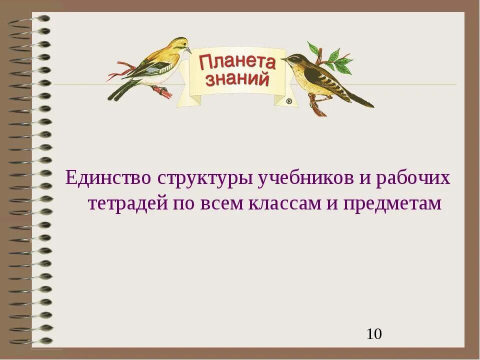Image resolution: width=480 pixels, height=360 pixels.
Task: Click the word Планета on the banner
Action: click(x=237, y=62)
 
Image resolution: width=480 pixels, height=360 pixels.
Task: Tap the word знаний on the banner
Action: click(x=237, y=79)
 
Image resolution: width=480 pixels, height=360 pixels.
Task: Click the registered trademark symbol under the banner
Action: click(x=289, y=101)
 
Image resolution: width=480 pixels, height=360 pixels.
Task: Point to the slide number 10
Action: click(x=374, y=334)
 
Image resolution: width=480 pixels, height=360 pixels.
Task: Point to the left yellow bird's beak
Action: click(x=188, y=50)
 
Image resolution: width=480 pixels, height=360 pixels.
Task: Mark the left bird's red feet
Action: click(x=163, y=91)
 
